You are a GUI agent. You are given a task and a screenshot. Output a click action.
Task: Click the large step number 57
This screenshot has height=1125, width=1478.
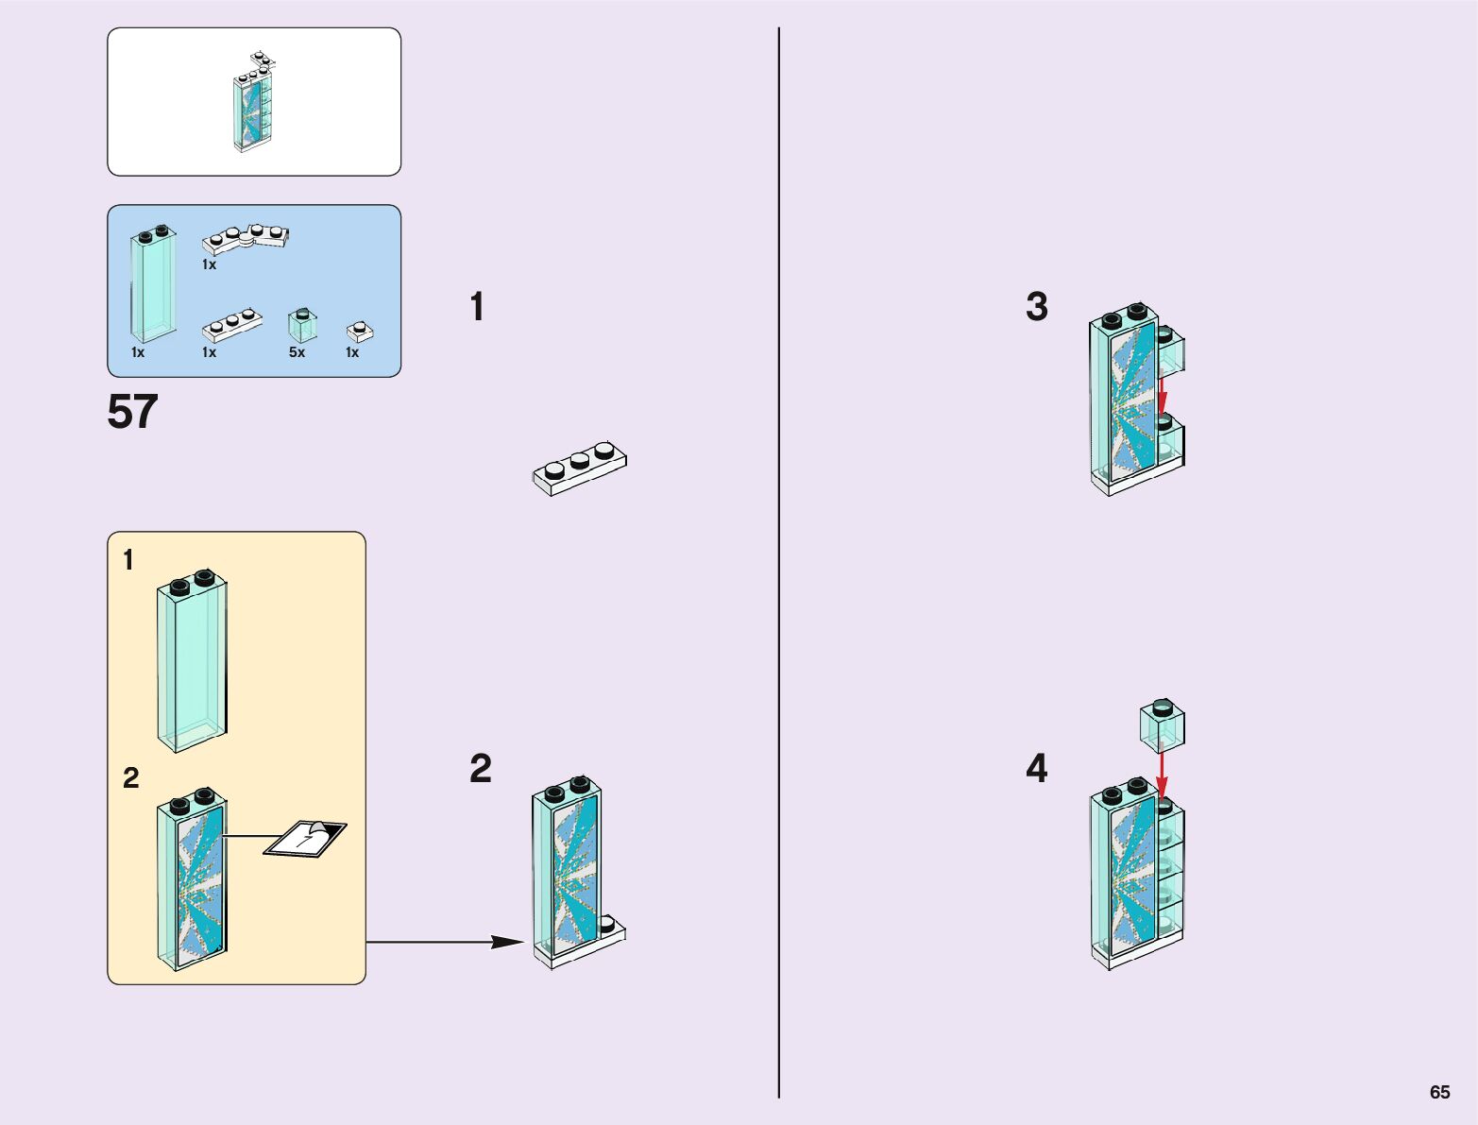[132, 413]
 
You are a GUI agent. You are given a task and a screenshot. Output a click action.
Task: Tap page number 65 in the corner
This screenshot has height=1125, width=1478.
[1438, 1092]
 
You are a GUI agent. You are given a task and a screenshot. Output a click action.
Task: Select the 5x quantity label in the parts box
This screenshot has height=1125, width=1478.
[297, 352]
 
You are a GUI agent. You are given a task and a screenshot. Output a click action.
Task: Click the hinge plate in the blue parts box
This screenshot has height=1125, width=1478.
[246, 239]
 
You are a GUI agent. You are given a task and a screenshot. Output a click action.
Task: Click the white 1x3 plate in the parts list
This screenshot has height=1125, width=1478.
[231, 325]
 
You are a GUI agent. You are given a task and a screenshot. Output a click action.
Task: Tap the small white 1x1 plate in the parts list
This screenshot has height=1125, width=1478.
[359, 331]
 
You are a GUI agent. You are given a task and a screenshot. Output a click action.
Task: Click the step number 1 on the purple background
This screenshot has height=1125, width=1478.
[477, 307]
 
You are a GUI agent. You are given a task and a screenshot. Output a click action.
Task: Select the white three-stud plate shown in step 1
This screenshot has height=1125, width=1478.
[580, 467]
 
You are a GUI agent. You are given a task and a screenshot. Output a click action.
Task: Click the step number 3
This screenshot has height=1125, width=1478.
[1036, 307]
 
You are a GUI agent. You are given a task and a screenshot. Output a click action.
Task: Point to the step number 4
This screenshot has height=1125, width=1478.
[1036, 768]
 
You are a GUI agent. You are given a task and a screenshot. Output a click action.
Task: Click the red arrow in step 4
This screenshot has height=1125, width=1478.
[1162, 775]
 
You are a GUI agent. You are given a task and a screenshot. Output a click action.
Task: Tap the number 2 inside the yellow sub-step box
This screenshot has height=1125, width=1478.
[131, 777]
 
